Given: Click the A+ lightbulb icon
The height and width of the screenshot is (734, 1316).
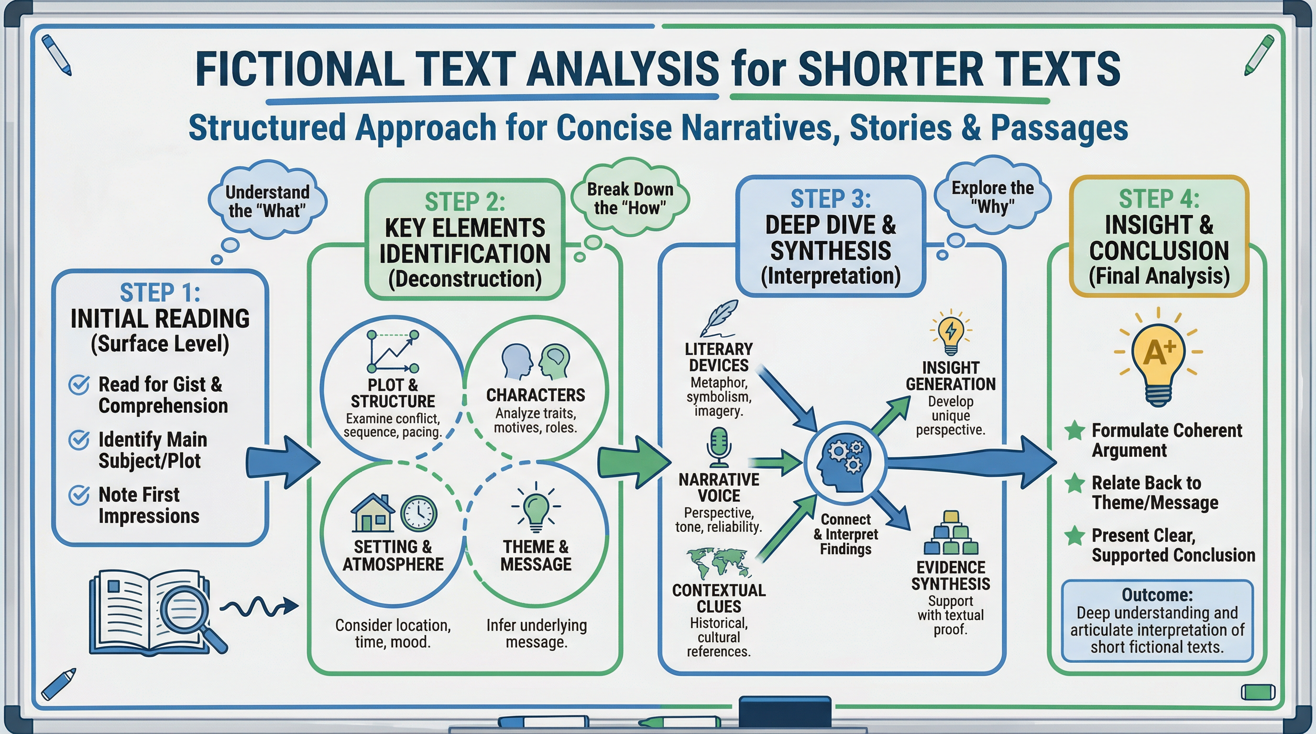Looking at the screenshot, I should [x=1158, y=360].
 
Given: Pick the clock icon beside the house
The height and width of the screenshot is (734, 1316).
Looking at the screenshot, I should [x=418, y=514].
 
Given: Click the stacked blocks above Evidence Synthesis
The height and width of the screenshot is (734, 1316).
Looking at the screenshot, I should [x=950, y=533].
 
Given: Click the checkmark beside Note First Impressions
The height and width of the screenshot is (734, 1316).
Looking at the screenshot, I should [x=79, y=495].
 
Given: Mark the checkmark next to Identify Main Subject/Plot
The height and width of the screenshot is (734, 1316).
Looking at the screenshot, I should [x=79, y=440].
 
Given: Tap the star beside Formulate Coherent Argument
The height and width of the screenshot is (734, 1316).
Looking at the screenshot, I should [x=1075, y=430].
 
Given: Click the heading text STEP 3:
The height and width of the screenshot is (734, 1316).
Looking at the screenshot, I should [x=831, y=199].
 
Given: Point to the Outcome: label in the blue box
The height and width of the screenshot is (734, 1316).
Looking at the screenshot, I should [x=1157, y=595].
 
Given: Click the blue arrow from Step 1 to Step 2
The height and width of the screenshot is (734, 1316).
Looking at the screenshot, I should [x=283, y=463].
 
